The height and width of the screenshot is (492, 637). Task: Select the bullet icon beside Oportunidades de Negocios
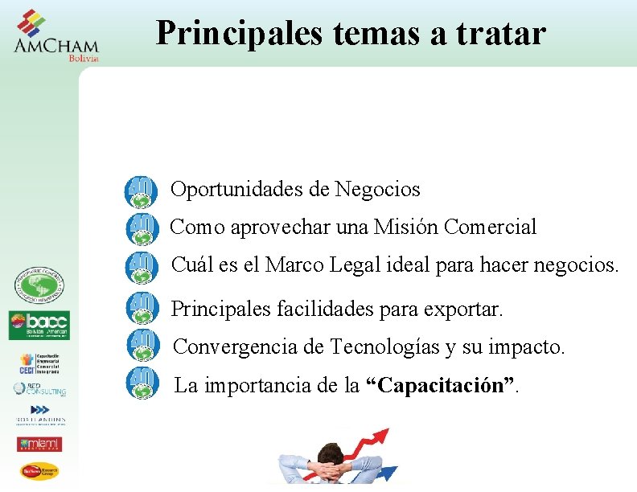(x=142, y=191)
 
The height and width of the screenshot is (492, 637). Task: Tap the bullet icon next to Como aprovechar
(x=142, y=229)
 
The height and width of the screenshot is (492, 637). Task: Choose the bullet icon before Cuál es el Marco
(x=142, y=267)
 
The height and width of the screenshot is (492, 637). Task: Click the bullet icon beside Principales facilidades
(x=142, y=306)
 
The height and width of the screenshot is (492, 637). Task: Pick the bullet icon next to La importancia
(x=142, y=382)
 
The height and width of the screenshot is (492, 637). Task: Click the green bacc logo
(x=39, y=326)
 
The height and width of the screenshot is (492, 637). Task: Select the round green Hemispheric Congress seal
(x=39, y=286)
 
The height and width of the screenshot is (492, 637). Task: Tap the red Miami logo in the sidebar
(x=39, y=444)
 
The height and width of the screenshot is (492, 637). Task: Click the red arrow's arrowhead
(x=381, y=435)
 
